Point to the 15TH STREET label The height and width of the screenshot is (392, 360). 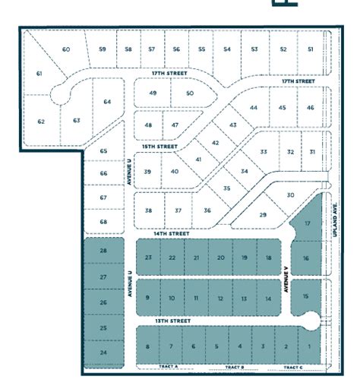point(160,146)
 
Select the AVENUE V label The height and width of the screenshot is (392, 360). point(287,279)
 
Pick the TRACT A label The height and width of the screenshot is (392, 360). point(169,366)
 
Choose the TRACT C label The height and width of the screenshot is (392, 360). point(292,366)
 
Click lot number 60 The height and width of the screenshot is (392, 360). point(66,49)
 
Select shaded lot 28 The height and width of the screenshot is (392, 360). point(103,251)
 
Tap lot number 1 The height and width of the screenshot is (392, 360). point(309,346)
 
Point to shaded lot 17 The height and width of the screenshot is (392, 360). point(307,224)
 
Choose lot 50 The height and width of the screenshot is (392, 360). point(189,93)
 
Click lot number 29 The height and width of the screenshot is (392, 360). point(263,215)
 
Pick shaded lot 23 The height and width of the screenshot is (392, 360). point(149,258)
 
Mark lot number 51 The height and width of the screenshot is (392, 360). point(310,49)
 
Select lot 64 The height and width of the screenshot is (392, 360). point(107,101)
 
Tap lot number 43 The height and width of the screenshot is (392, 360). point(233,125)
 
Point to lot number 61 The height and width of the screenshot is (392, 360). point(39,74)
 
